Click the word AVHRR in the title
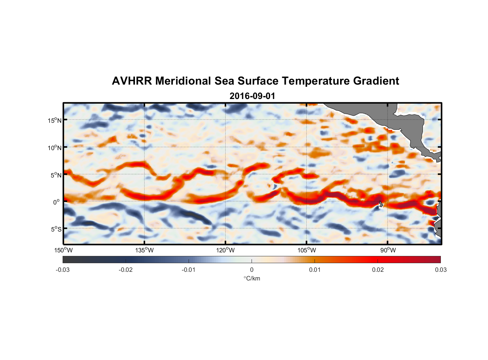tap(132, 81)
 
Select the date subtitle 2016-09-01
tap(252, 96)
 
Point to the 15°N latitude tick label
tap(54, 120)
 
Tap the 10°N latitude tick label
tap(54, 148)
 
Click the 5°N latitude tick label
tap(55, 175)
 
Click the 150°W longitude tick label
tap(63, 250)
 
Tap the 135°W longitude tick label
tap(144, 250)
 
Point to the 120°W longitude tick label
tap(225, 250)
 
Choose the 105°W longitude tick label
tap(307, 250)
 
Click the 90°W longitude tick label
tap(388, 250)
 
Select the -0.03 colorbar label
tap(63, 270)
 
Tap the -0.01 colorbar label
tap(189, 270)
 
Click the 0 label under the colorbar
tap(252, 270)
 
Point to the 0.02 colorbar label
tap(378, 270)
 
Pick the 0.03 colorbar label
tap(440, 270)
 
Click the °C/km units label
tap(252, 278)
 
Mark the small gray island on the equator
tap(381, 204)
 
